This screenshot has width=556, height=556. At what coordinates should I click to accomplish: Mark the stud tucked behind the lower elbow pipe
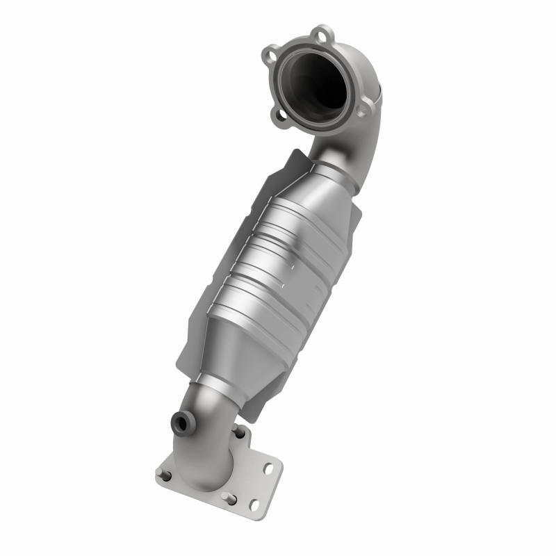[240, 432]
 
